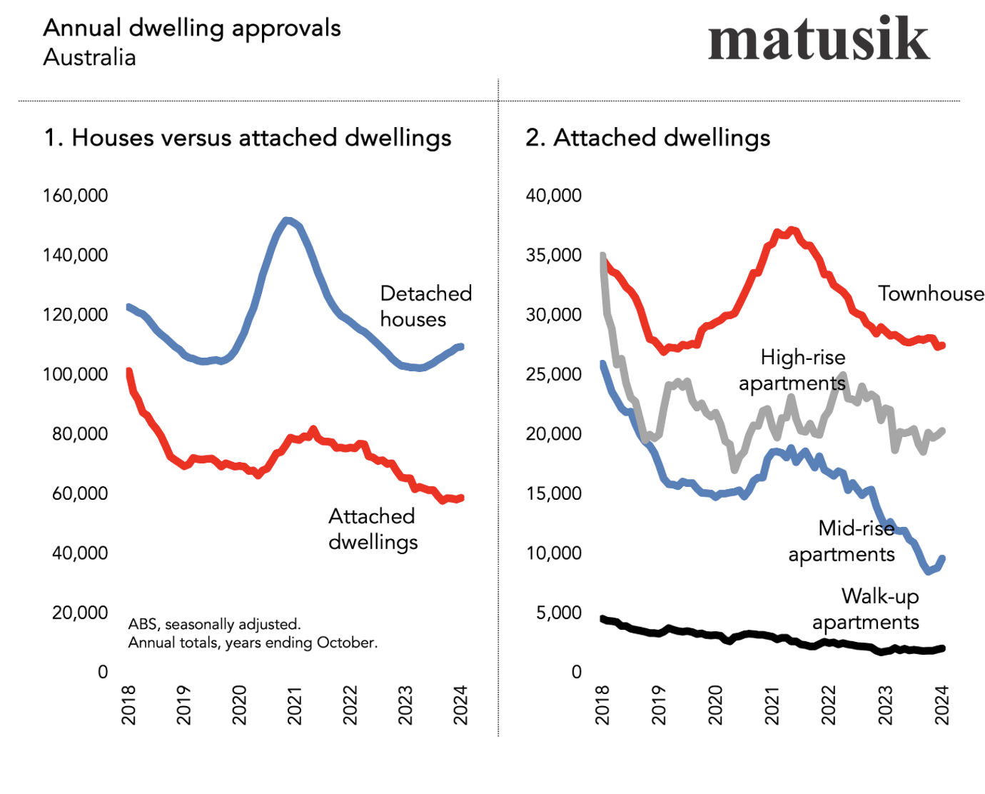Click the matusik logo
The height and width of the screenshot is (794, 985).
pyautogui.click(x=818, y=40)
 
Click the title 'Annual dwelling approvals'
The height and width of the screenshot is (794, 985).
pyautogui.click(x=192, y=28)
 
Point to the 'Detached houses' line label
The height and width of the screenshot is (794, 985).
pyautogui.click(x=425, y=306)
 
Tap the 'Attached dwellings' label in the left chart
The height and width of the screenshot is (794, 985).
pyautogui.click(x=373, y=529)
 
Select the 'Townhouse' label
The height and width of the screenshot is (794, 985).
pyautogui.click(x=930, y=293)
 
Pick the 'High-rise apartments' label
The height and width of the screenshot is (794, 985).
pyautogui.click(x=792, y=370)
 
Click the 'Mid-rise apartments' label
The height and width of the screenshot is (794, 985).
pyautogui.click(x=842, y=541)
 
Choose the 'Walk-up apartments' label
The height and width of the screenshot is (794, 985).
pyautogui.click(x=866, y=609)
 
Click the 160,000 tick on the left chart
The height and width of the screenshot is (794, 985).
pyautogui.click(x=76, y=196)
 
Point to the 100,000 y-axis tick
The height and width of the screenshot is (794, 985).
pyautogui.click(x=76, y=374)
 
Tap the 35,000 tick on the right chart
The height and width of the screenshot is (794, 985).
pyautogui.click(x=554, y=255)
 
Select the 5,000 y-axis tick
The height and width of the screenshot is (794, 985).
pyautogui.click(x=559, y=613)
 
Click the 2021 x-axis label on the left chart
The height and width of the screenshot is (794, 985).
pyautogui.click(x=295, y=705)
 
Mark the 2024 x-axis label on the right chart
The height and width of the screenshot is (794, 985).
pyautogui.click(x=942, y=705)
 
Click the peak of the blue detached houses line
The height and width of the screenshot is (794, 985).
pyautogui.click(x=287, y=221)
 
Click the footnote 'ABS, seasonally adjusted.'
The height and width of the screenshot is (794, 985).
pyautogui.click(x=215, y=624)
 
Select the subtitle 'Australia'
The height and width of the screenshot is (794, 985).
pyautogui.click(x=89, y=57)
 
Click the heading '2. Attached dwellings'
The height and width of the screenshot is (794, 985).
pyautogui.click(x=648, y=138)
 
